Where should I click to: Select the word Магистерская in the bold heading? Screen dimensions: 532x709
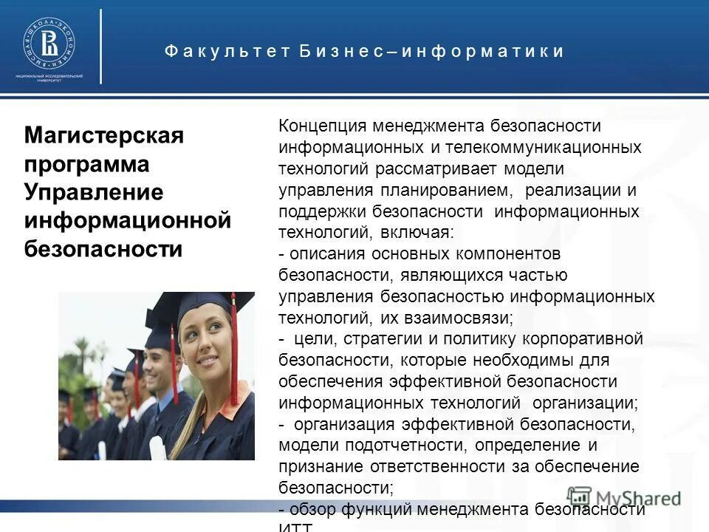click(x=103, y=136)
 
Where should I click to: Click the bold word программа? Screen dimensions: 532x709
click(x=86, y=163)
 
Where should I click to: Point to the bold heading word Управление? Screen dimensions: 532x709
click(x=93, y=191)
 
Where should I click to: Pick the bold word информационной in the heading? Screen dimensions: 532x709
click(x=128, y=219)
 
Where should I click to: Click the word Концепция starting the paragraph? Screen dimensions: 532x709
click(x=322, y=127)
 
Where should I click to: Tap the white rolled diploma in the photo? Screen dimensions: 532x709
click(x=157, y=448)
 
